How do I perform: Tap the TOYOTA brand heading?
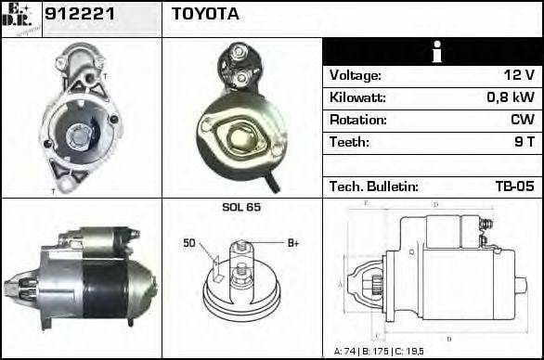[x=205, y=15]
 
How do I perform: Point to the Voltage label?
[x=356, y=75]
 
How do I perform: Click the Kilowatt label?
[x=357, y=97]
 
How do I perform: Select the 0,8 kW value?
[x=512, y=97]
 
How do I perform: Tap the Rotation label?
[x=356, y=120]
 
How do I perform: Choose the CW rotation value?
[x=522, y=120]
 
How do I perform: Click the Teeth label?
[x=349, y=142]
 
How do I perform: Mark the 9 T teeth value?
[x=525, y=142]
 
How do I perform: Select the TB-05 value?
[x=515, y=186]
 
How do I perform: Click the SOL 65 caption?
[x=240, y=207]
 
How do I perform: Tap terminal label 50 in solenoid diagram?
[x=189, y=243]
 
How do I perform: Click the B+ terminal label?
[x=293, y=243]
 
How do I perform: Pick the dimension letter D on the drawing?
[x=435, y=203]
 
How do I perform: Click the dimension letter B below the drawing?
[x=448, y=337]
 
